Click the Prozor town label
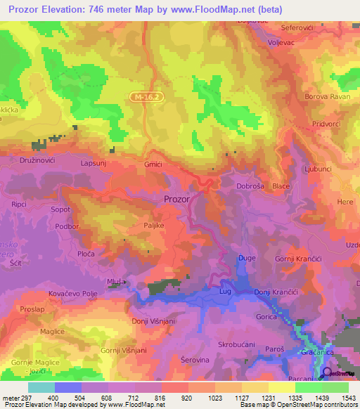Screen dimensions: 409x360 (x=176, y=199)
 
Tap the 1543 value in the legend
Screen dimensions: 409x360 (x=349, y=398)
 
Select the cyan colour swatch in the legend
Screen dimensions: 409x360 (x=41, y=387)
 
